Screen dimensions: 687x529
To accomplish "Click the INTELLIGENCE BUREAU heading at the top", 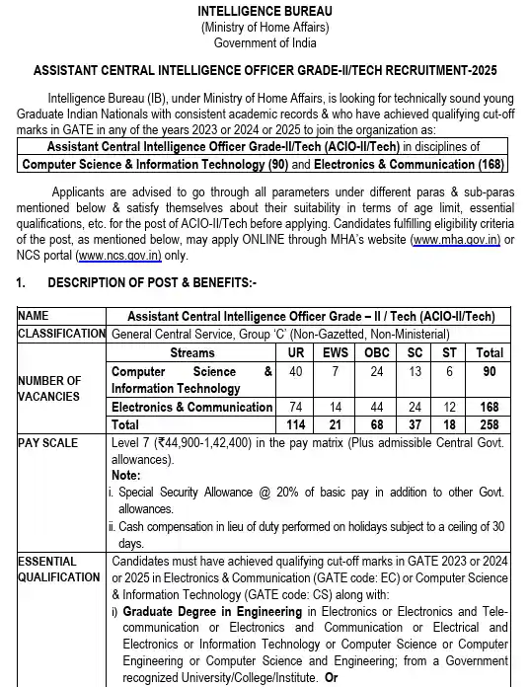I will click(x=264, y=11).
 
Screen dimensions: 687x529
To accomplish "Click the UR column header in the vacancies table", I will click(x=295, y=351).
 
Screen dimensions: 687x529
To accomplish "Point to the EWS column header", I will click(x=336, y=351).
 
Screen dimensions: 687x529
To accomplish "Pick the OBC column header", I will click(x=376, y=351).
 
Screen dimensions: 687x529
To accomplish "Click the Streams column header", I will click(x=191, y=351).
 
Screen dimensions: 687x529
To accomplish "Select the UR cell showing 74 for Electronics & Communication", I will click(x=295, y=407).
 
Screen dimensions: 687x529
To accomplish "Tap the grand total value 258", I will click(x=490, y=423).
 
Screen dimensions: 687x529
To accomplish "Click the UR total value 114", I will click(x=295, y=423).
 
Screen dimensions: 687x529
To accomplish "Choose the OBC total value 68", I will click(x=376, y=423).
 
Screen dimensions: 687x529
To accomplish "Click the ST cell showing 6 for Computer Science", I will click(x=449, y=371).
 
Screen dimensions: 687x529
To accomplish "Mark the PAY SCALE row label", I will click(x=47, y=443).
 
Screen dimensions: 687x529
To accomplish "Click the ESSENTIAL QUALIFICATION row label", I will click(x=59, y=569).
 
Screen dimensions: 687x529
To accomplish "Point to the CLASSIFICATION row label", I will click(x=61, y=334).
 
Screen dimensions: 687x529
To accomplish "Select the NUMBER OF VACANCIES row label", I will click(x=49, y=388).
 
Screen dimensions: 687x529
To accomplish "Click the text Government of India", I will click(x=264, y=42).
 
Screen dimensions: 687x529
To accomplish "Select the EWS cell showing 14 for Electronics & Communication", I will click(x=336, y=407).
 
